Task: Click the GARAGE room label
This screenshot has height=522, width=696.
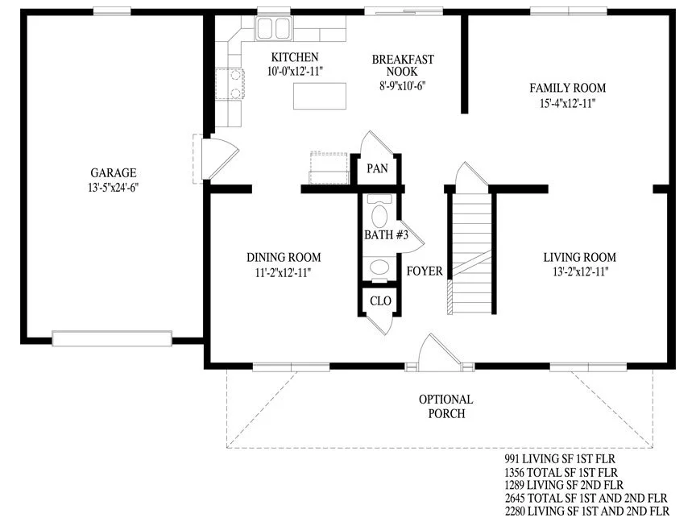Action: (114, 172)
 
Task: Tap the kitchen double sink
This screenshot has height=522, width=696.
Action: (273, 28)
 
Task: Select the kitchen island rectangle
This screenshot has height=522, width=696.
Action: (320, 96)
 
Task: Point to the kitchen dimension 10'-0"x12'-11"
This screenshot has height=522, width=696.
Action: (295, 71)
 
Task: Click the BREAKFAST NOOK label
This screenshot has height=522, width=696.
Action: (403, 65)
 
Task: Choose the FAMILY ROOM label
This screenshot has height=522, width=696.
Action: (568, 88)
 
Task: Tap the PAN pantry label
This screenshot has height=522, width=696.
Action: (377, 168)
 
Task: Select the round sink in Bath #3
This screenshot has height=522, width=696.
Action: (379, 267)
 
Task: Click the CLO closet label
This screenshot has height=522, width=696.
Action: (380, 301)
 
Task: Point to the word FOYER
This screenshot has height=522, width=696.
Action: (425, 271)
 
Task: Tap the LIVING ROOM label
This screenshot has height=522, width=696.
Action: (580, 257)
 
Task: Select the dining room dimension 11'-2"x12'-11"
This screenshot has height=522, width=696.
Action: (283, 272)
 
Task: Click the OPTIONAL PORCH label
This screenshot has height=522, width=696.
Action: (446, 406)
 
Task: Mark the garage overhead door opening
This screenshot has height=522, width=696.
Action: (112, 338)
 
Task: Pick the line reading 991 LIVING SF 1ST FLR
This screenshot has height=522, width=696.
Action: (560, 458)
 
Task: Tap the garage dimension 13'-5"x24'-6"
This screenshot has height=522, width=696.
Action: (114, 188)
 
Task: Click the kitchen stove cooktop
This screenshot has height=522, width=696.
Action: (230, 84)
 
